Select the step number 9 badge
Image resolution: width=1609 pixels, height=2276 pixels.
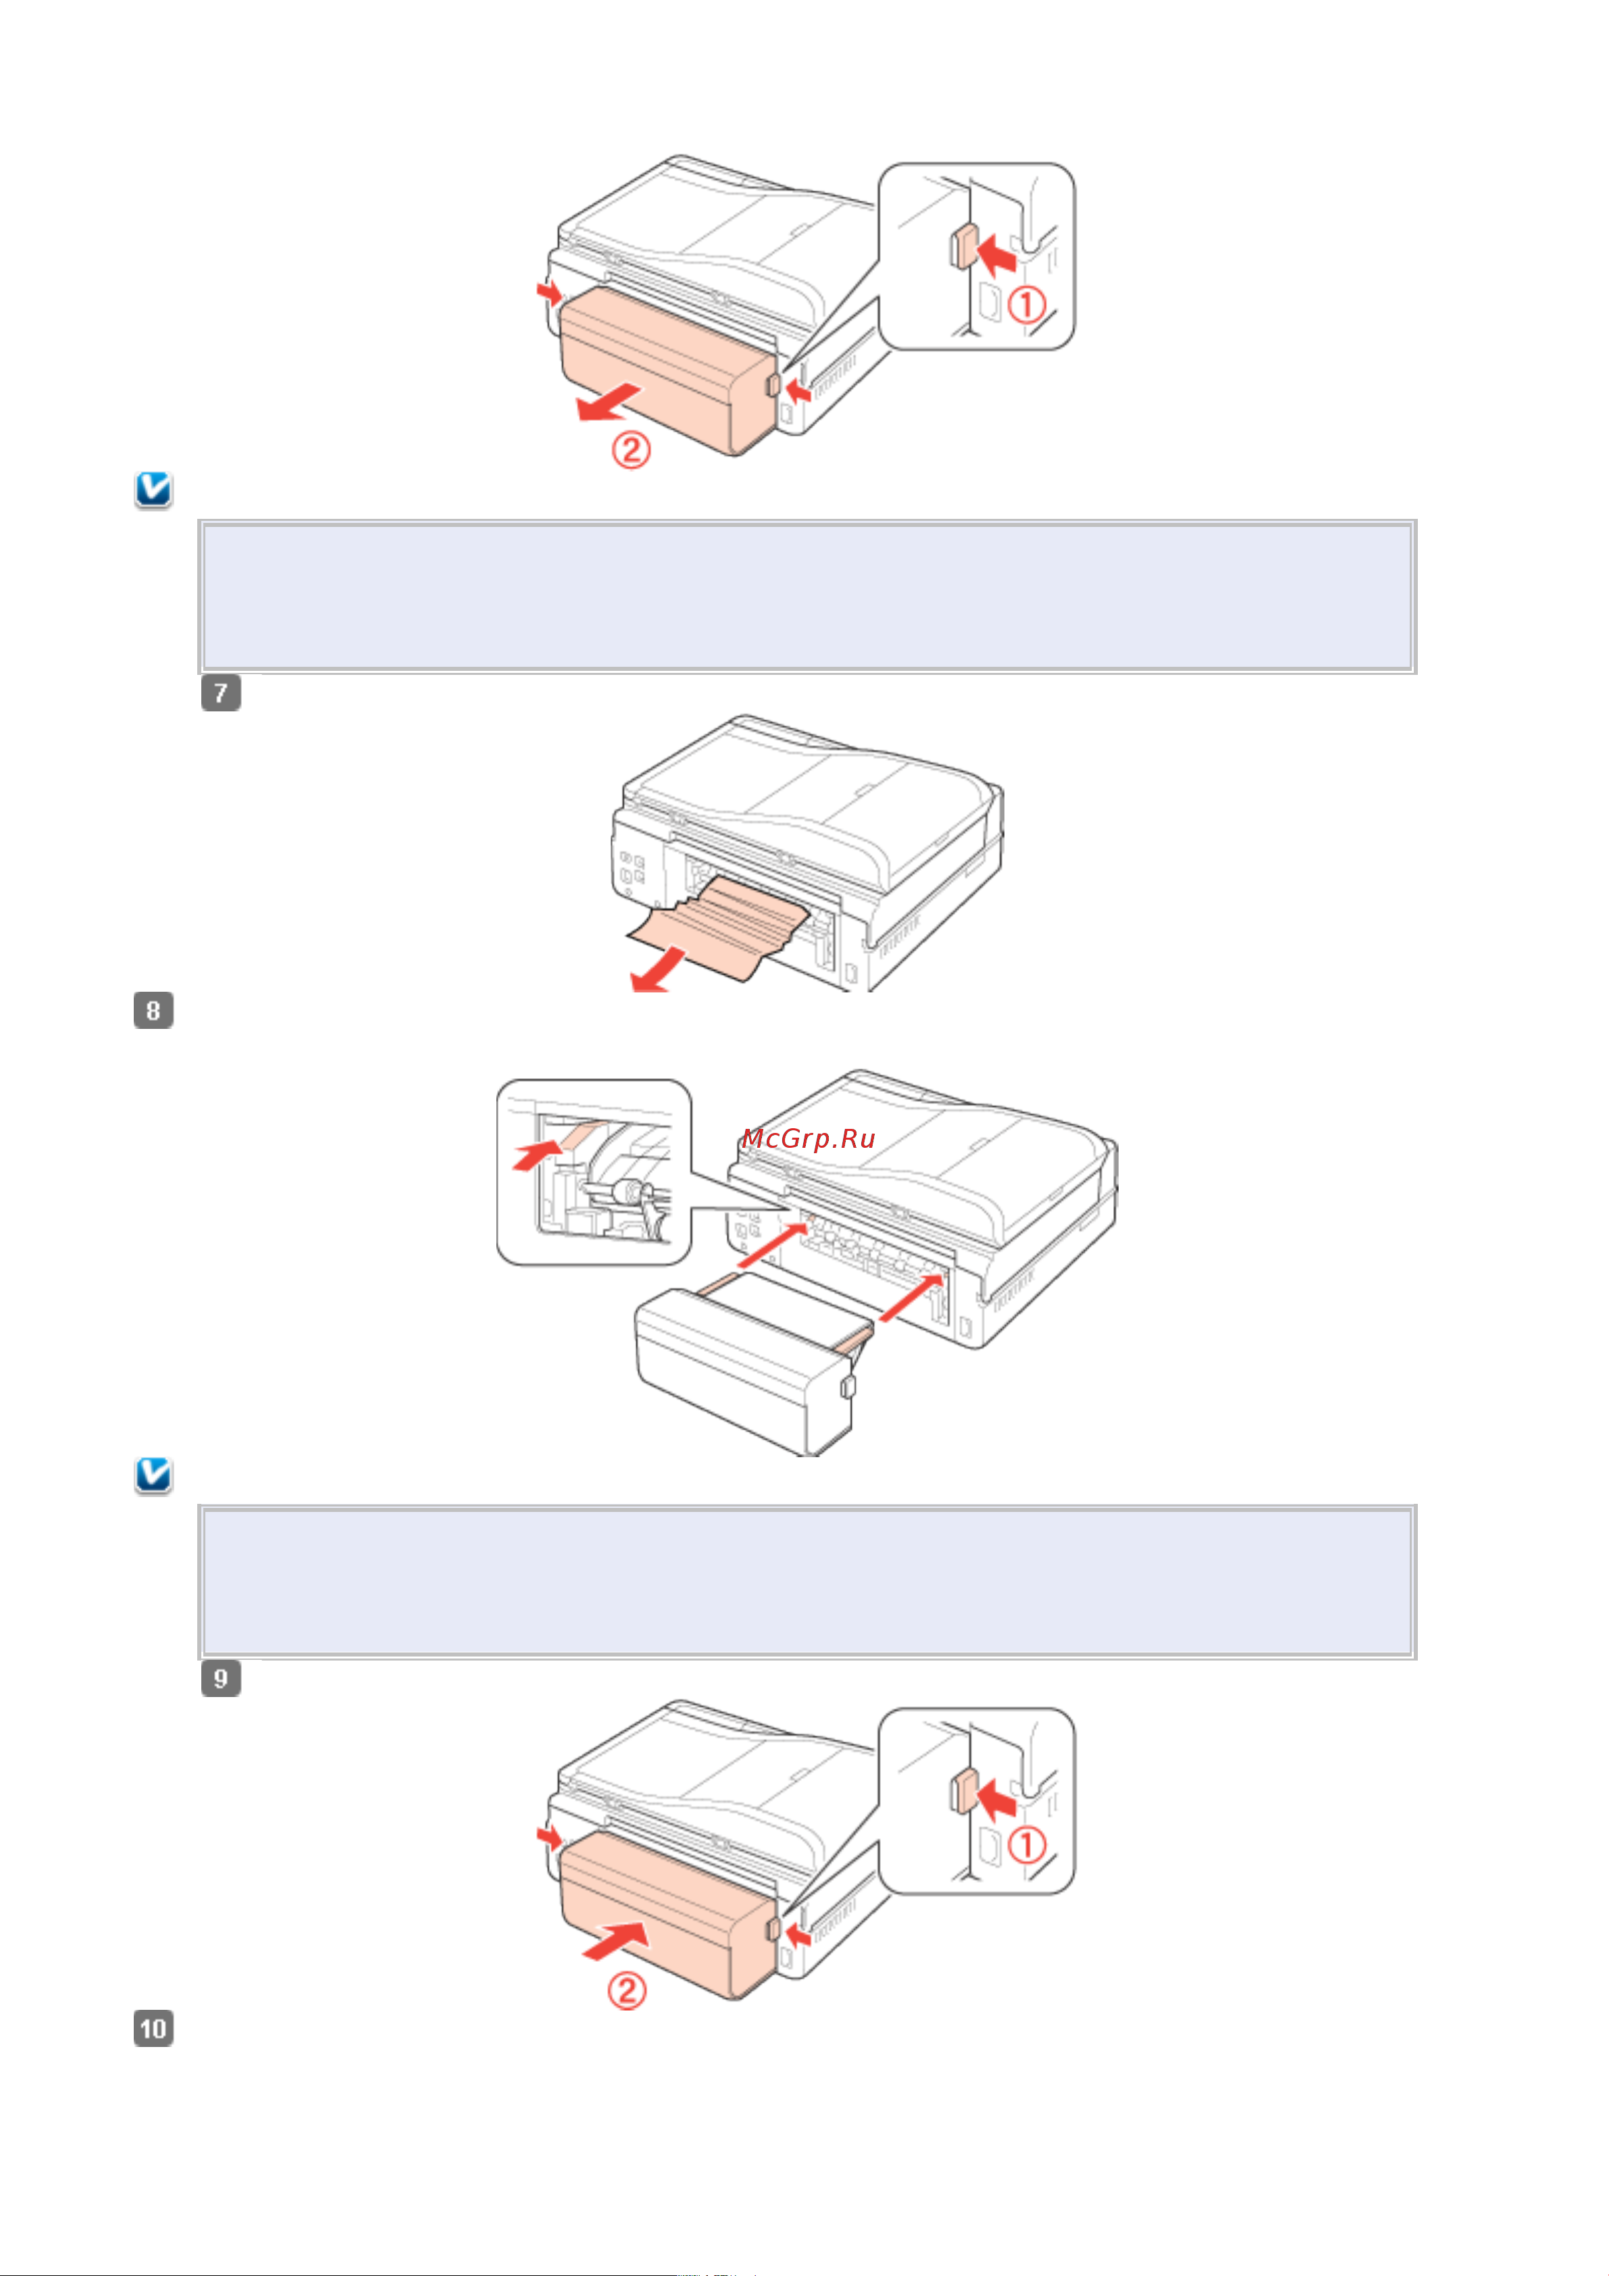click(x=221, y=1678)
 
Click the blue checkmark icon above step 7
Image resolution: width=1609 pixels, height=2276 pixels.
click(x=153, y=490)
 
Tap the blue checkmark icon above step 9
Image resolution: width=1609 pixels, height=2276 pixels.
click(x=153, y=1475)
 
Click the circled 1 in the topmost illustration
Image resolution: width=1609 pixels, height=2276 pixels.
click(x=1027, y=304)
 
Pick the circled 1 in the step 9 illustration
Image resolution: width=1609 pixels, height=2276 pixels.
click(x=1027, y=1846)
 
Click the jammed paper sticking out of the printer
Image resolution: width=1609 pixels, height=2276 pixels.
click(x=714, y=927)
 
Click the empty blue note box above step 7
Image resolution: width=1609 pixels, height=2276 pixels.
click(x=808, y=597)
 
